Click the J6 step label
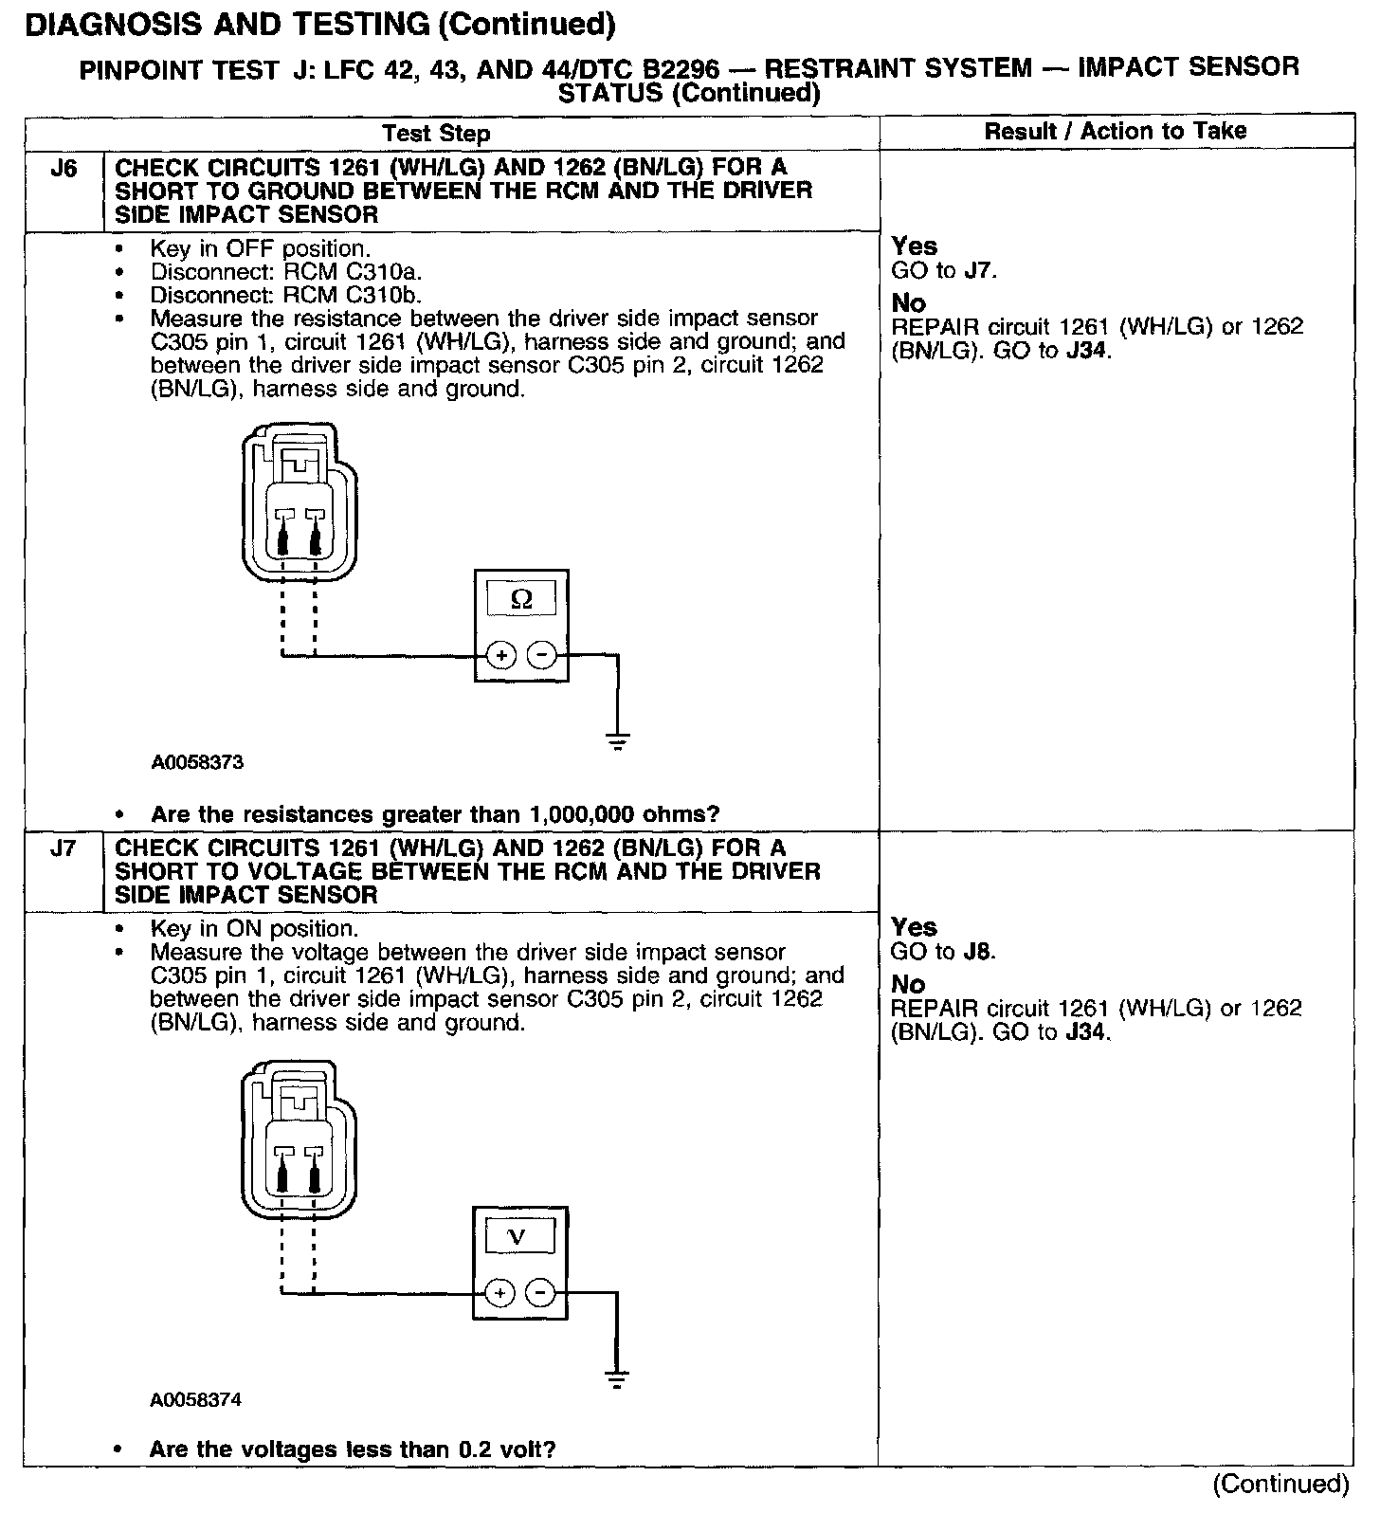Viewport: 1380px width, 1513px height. click(x=63, y=170)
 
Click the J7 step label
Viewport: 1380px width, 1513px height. click(x=63, y=849)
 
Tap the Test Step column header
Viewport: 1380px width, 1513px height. click(x=436, y=134)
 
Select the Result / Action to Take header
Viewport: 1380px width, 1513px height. click(x=1116, y=132)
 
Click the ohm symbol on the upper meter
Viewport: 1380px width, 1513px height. click(x=521, y=599)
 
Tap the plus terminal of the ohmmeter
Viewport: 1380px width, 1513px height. click(x=501, y=655)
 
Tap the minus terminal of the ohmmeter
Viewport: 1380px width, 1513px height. click(x=541, y=655)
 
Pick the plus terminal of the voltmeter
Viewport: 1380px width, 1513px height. click(x=499, y=1292)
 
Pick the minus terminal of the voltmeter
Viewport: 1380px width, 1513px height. click(x=539, y=1292)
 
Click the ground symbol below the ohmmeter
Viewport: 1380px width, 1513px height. click(x=618, y=742)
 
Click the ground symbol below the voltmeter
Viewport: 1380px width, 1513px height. click(x=617, y=1379)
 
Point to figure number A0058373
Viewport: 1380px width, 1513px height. click(x=196, y=762)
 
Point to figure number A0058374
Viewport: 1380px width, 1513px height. click(x=195, y=1399)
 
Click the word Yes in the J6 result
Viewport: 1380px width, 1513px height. click(x=914, y=247)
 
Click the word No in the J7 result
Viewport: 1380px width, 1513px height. click(x=908, y=984)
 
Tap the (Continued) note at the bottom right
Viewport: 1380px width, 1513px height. click(x=1280, y=1484)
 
